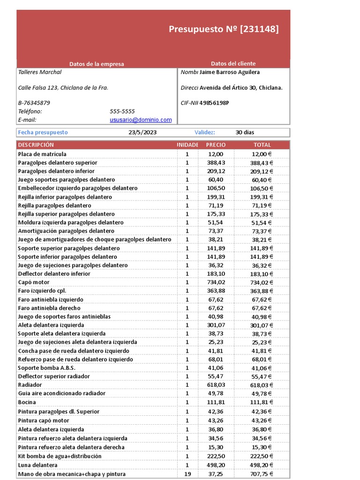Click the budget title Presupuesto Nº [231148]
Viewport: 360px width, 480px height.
pyautogui.click(x=223, y=30)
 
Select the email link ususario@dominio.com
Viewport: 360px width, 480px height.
pyautogui.click(x=141, y=120)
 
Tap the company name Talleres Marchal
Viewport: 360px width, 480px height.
pyautogui.click(x=40, y=72)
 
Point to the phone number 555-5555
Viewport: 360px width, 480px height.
pyautogui.click(x=122, y=112)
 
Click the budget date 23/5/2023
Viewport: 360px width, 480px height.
pyautogui.click(x=142, y=133)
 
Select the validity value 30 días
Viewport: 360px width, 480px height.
pyautogui.click(x=245, y=133)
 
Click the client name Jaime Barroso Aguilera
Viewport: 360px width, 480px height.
pyautogui.click(x=229, y=72)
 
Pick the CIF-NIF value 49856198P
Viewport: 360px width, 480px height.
pyautogui.click(x=214, y=103)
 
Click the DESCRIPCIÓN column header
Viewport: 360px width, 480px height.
pyautogui.click(x=36, y=145)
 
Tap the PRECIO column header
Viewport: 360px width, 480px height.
pyautogui.click(x=216, y=145)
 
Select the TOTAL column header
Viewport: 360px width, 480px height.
pyautogui.click(x=262, y=145)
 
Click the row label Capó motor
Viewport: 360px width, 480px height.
pyautogui.click(x=34, y=282)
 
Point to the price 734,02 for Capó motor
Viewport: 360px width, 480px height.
pyautogui.click(x=216, y=282)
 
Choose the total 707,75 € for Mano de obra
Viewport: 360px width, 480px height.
pyautogui.click(x=262, y=474)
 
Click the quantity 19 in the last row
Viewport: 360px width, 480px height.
pyautogui.click(x=187, y=474)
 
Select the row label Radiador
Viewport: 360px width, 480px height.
pyautogui.click(x=30, y=385)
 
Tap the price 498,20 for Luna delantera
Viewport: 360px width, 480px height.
pyautogui.click(x=216, y=465)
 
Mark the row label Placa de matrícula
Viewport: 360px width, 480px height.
pyautogui.click(x=42, y=154)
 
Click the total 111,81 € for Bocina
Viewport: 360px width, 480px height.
pyautogui.click(x=262, y=402)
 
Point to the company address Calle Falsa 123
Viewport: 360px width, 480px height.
pyautogui.click(x=63, y=88)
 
